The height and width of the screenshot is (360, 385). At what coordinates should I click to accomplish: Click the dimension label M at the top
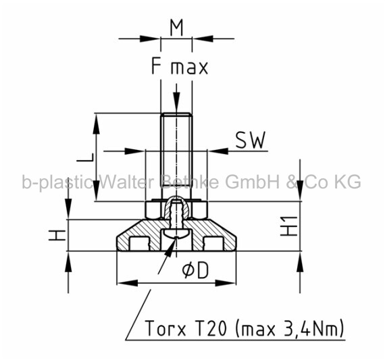[x=176, y=28]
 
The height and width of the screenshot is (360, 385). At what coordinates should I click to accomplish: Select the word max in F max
[x=189, y=68]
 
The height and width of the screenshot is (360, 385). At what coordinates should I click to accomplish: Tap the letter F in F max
[x=156, y=66]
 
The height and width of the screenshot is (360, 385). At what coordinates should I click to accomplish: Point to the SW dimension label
[x=251, y=140]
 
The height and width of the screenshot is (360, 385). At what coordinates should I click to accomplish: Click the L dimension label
[x=85, y=157]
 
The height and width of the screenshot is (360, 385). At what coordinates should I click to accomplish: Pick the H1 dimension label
[x=289, y=226]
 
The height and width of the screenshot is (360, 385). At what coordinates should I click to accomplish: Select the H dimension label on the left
[x=57, y=235]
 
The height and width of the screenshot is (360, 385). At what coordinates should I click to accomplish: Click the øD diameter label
[x=195, y=271]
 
